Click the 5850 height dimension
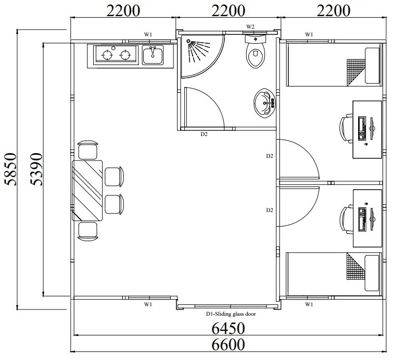10,169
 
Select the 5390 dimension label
36,169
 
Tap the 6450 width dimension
228,328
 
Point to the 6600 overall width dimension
228,344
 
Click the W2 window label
250,27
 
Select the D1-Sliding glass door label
231,314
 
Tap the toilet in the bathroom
256,52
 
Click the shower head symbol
188,41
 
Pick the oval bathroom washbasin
264,103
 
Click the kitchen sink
153,55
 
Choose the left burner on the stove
107,55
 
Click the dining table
87,190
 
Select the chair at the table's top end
88,150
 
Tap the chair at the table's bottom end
88,231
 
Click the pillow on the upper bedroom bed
372,66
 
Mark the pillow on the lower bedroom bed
372,273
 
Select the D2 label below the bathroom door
204,134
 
